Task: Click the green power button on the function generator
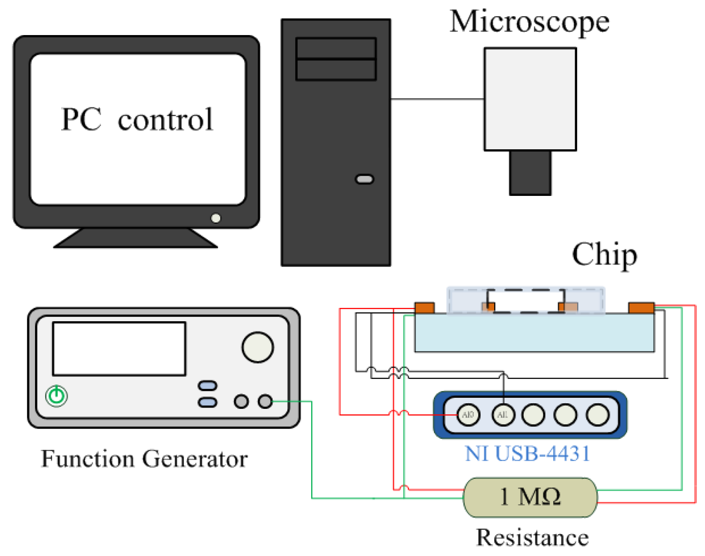[56, 396]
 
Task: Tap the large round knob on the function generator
[257, 347]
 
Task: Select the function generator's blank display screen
[119, 349]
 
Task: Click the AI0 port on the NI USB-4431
[468, 414]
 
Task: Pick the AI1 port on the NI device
[503, 414]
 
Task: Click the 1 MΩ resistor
[530, 497]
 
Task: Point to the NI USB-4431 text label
[527, 454]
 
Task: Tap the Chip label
[604, 254]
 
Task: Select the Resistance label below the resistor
[532, 538]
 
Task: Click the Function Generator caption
[144, 459]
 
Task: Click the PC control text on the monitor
[137, 120]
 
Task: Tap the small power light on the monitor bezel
[216, 219]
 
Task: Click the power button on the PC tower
[364, 179]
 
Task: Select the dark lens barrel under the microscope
[530, 173]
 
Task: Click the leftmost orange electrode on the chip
[425, 308]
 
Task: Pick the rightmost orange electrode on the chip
[641, 308]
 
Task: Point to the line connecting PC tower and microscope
[437, 99]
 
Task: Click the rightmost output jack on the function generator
[265, 401]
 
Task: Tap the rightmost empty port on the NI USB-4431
[598, 415]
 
